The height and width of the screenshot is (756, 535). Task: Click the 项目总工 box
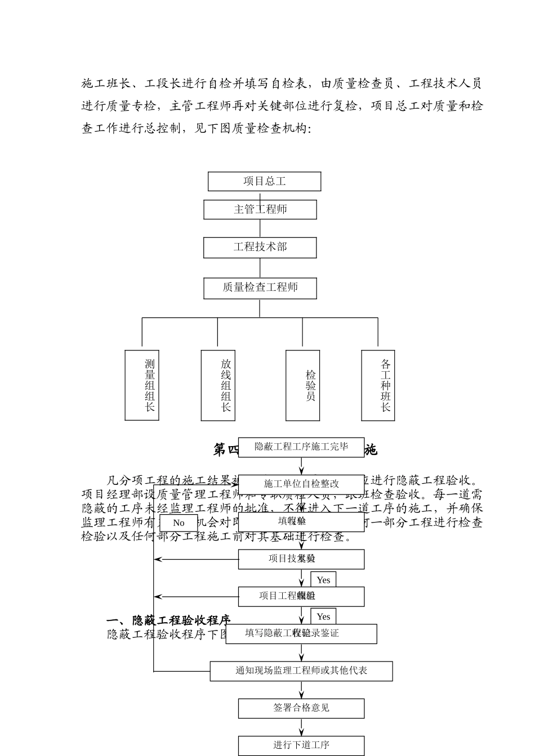(x=264, y=181)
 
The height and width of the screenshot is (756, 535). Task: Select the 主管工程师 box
(x=260, y=209)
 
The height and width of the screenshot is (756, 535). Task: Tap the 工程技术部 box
(x=260, y=247)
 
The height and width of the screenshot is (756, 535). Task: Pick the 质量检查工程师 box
(x=260, y=288)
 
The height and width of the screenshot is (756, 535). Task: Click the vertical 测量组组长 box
(x=142, y=385)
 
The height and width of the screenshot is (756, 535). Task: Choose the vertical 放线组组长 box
(x=218, y=385)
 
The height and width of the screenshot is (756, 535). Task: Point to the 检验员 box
(x=302, y=385)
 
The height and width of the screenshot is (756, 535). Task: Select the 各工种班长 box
(x=378, y=385)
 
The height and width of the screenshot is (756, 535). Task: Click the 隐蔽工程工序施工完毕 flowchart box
(x=301, y=447)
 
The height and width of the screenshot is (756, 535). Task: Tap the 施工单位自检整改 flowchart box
(x=301, y=484)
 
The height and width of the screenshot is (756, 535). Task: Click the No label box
(x=179, y=523)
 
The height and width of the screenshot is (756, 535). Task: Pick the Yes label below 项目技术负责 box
(x=323, y=580)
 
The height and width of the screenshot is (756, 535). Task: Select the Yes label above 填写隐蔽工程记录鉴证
(x=323, y=616)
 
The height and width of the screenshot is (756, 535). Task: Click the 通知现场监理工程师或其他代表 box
(x=301, y=670)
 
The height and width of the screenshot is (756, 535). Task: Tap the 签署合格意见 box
(x=301, y=708)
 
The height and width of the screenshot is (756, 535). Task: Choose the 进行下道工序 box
(x=301, y=745)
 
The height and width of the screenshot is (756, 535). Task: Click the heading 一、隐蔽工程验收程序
(x=168, y=620)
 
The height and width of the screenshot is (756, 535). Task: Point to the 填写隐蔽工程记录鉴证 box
(x=301, y=633)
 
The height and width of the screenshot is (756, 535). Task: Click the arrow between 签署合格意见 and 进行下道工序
(x=301, y=727)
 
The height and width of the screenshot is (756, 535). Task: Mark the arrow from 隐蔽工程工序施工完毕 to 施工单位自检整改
(x=301, y=466)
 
